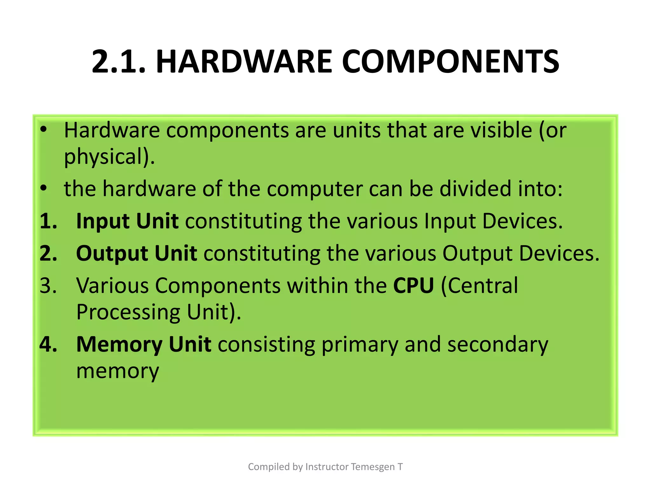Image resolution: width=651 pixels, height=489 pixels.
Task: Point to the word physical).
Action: pos(109,157)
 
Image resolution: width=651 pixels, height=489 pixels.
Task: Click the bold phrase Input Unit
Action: pos(127,221)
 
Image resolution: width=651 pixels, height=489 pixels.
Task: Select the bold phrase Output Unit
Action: pos(137,253)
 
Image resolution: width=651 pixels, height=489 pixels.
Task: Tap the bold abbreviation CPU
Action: pos(413,286)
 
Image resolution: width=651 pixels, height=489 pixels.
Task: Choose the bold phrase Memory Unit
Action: pos(144,344)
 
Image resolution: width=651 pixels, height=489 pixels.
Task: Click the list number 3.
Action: pos(48,286)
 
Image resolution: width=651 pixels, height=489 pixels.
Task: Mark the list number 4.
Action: pos(48,344)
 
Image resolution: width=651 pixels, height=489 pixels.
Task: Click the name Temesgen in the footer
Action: pos(373,467)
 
